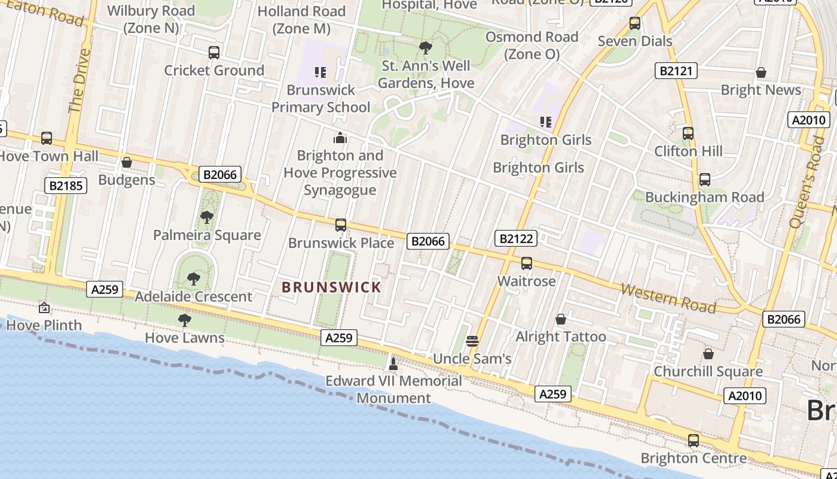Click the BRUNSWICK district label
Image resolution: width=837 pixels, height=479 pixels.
[x=331, y=287]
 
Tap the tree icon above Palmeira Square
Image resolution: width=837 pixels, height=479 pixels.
[x=207, y=217]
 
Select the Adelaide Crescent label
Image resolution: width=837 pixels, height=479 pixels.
[x=194, y=296]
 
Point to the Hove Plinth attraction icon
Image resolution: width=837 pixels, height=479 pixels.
[x=44, y=308]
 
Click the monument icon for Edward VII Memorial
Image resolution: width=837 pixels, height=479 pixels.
[x=393, y=363]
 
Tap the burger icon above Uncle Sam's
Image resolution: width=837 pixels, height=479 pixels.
[x=472, y=341]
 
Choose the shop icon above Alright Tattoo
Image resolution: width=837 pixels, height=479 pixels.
[x=561, y=319]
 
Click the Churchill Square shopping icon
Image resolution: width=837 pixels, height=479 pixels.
[x=708, y=354]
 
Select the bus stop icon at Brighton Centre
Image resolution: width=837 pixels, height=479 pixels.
[x=694, y=441]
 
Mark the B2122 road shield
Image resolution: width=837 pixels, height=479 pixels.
[x=516, y=239]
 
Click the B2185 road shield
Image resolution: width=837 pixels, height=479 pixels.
[x=66, y=186]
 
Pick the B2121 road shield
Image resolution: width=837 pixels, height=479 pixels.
[x=676, y=71]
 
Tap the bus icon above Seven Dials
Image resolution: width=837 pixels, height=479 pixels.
[x=635, y=23]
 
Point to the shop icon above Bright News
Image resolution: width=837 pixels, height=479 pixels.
[x=761, y=72]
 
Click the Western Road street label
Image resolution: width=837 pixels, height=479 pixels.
[x=668, y=298]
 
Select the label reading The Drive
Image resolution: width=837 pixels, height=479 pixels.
[x=79, y=80]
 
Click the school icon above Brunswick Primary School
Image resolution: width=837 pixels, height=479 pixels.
[x=320, y=72]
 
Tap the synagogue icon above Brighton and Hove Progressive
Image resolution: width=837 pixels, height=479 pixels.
[x=340, y=138]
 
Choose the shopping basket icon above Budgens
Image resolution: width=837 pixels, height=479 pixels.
[x=127, y=162]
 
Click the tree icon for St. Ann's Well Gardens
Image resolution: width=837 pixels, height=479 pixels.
[x=426, y=48]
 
